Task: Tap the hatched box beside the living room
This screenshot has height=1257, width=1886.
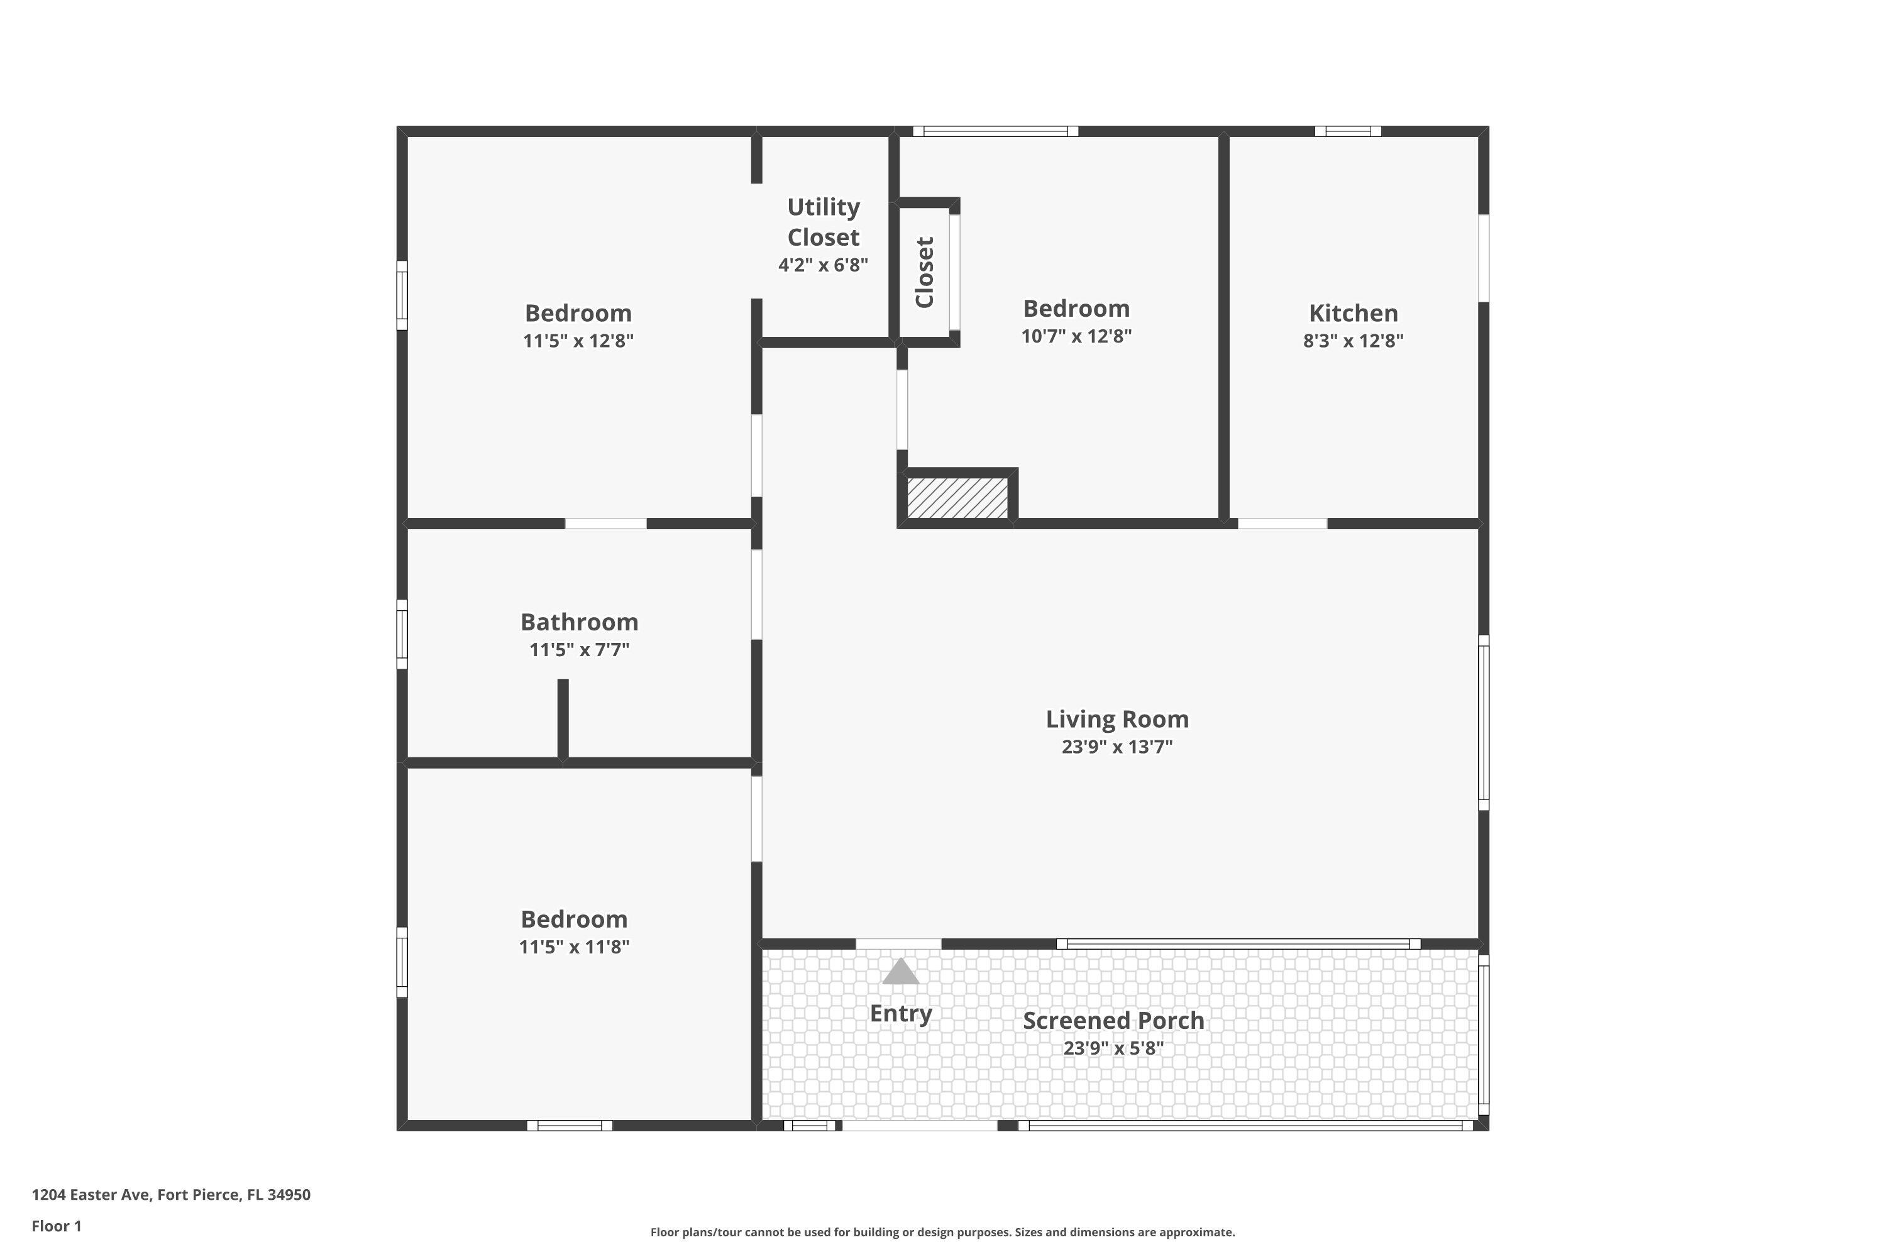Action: (957, 498)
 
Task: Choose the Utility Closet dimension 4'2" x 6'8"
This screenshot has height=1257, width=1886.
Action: (823, 265)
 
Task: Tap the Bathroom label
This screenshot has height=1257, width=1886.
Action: (579, 622)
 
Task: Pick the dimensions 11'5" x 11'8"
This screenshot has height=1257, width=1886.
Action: (574, 947)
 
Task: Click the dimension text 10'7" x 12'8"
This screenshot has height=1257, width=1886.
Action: (1076, 336)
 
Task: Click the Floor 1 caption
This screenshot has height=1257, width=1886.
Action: (56, 1226)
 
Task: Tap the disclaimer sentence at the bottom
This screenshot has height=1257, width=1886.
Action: (942, 1232)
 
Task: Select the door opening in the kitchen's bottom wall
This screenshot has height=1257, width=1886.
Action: (1282, 524)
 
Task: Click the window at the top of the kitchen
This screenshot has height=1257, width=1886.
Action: (1347, 131)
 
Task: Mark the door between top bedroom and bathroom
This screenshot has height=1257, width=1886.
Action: (605, 524)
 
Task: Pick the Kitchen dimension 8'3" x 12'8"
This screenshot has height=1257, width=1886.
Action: (1353, 341)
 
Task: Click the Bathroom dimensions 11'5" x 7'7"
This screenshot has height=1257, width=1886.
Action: (579, 650)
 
